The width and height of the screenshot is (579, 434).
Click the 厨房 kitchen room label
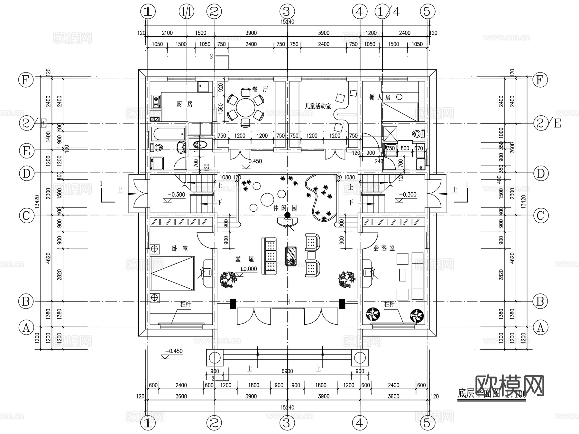point(185,104)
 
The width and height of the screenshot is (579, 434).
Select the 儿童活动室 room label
point(318,106)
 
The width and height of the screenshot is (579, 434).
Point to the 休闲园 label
point(285,208)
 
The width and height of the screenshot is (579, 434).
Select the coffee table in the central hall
point(291,256)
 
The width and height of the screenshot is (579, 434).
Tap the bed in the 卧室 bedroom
point(173,273)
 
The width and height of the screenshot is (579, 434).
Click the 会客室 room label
point(384,248)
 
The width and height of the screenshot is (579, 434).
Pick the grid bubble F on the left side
point(26,80)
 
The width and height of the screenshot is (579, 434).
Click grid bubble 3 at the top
point(287,12)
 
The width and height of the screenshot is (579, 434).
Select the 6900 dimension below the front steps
point(287,371)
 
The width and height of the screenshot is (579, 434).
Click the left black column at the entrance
point(233,304)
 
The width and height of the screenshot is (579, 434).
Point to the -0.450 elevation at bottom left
point(174,351)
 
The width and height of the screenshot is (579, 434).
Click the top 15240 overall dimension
point(287,22)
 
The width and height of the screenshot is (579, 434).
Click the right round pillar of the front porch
point(359,358)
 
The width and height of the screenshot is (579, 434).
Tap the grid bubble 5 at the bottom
point(427,423)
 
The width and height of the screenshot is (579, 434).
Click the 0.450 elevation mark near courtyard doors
point(255,161)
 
